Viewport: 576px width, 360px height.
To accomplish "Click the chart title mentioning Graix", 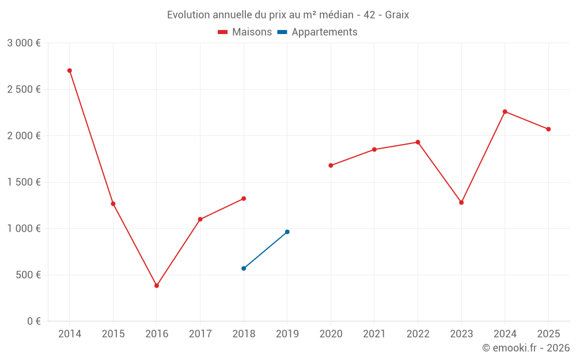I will pos(288,15).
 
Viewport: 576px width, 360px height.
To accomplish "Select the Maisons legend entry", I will pos(245,32).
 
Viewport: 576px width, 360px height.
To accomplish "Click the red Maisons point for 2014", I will pos(70,70).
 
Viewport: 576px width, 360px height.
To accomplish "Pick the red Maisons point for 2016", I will pos(157,286).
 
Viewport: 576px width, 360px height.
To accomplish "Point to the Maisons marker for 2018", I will pos(244,199).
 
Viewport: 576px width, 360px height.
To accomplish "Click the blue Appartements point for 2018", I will pos(244,268).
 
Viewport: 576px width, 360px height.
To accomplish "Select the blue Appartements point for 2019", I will pos(287,232).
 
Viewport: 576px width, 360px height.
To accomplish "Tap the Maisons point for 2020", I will pos(331,165).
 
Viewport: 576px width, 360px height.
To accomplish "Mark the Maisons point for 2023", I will pos(461,203).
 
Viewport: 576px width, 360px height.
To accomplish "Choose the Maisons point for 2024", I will pos(505,112).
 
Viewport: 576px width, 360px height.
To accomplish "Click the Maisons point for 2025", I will pos(548,129).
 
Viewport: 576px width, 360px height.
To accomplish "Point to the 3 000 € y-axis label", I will pos(24,43).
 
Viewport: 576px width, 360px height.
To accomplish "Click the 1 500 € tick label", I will pos(24,182).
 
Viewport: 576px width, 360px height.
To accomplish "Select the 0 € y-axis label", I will pos(34,321).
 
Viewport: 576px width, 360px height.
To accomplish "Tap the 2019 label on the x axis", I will pos(287,334).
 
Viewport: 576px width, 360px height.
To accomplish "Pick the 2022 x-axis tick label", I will pos(418,334).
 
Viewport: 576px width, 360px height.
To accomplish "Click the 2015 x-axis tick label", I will pos(113,334).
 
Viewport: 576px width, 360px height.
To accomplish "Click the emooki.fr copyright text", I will pos(526,348).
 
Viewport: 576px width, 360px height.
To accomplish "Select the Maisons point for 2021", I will pos(374,150).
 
